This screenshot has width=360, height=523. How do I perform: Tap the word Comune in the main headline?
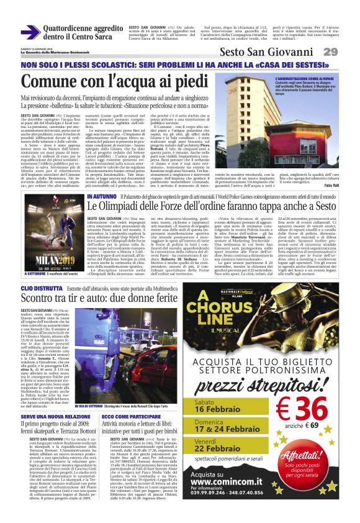[56, 81]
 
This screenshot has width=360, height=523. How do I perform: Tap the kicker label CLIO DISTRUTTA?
[41, 289]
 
